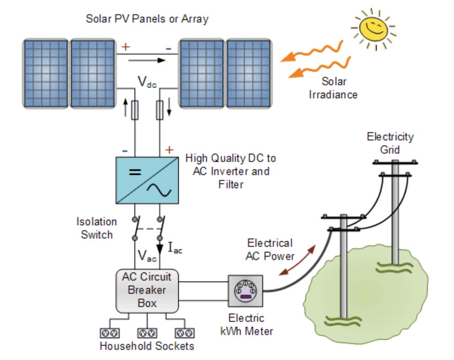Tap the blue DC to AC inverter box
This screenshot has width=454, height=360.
coord(147,180)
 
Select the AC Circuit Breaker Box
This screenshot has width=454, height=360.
coord(147,291)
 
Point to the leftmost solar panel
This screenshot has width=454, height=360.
coord(46,73)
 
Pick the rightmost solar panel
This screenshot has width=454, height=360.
coord(248,73)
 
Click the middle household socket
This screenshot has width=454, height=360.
coord(147,333)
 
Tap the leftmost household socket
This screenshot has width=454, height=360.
coord(109,333)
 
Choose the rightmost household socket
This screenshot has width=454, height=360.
coord(185,333)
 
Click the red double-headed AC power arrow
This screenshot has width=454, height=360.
coord(297,260)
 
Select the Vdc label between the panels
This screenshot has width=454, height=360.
coord(147,82)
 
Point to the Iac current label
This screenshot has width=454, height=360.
coord(175,248)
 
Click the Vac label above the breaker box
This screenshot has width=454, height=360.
coord(147,256)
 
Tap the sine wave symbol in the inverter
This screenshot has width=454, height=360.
coord(159,190)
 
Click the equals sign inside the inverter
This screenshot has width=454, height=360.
coord(135,172)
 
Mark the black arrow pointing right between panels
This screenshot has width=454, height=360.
coord(147,60)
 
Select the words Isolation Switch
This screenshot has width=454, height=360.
coord(97,228)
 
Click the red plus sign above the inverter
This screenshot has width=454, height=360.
coord(169,149)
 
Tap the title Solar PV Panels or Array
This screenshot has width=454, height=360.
coord(147,19)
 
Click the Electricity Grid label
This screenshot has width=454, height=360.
coord(390,143)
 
